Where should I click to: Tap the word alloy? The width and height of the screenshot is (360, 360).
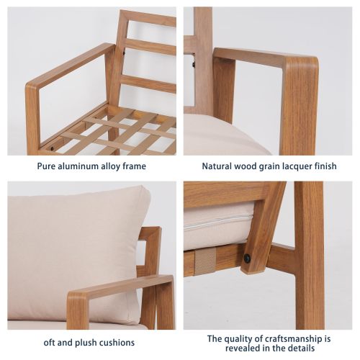(x=117, y=166)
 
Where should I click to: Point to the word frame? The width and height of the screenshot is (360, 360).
(x=143, y=166)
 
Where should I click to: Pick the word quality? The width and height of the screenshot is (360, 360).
(x=243, y=338)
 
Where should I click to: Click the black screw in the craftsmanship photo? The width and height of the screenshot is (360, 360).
(x=247, y=258)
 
